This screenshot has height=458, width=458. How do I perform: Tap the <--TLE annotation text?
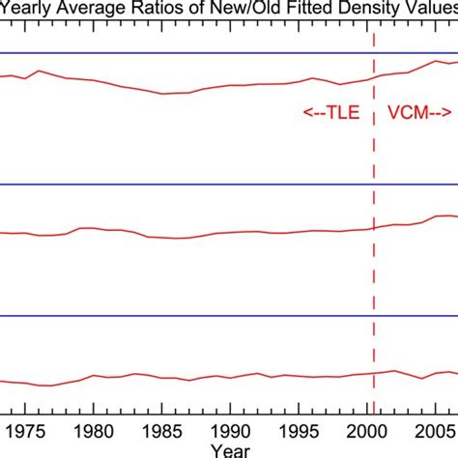point(331,112)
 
